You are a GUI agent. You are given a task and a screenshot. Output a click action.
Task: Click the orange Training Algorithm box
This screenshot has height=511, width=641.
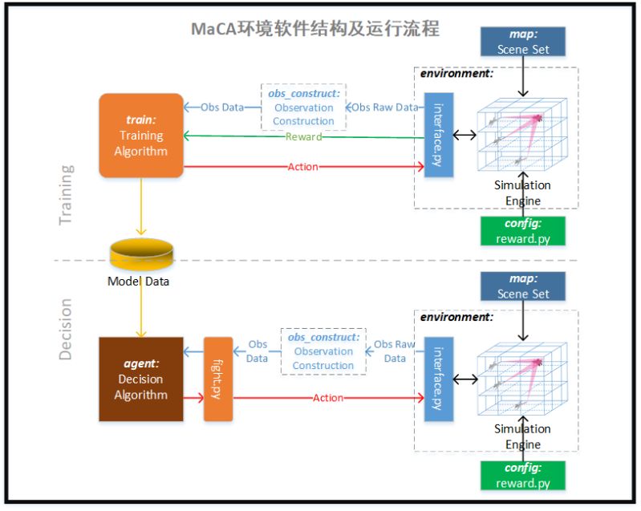pyautogui.click(x=141, y=135)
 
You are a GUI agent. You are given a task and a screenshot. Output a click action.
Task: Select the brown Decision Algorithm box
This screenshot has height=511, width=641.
pyautogui.click(x=141, y=379)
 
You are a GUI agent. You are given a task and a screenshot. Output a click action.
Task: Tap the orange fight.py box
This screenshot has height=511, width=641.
pyautogui.click(x=218, y=379)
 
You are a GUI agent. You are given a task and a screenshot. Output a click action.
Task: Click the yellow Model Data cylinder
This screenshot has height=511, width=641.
pyautogui.click(x=141, y=255)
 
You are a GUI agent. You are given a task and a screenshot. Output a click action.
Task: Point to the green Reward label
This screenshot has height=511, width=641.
pyautogui.click(x=303, y=136)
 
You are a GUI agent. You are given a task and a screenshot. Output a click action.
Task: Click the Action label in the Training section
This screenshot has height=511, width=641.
pyautogui.click(x=302, y=167)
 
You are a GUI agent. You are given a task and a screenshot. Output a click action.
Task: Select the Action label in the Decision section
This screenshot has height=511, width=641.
pyautogui.click(x=328, y=398)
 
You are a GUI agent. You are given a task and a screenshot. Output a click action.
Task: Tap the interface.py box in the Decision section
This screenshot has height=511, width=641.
pyautogui.click(x=439, y=379)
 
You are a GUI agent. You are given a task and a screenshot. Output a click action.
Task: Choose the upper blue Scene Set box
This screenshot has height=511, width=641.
pyautogui.click(x=523, y=42)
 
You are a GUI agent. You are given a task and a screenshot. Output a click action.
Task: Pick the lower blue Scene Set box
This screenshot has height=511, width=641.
pyautogui.click(x=523, y=286)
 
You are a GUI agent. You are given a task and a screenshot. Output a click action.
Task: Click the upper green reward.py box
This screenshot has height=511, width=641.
pyautogui.click(x=523, y=231)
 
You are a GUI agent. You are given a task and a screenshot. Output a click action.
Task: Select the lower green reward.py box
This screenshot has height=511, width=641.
pyautogui.click(x=523, y=475)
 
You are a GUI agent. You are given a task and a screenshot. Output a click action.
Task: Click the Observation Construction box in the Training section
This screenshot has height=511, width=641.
pyautogui.click(x=303, y=107)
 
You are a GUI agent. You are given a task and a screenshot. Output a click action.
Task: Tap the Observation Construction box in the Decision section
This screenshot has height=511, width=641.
pyautogui.click(x=323, y=351)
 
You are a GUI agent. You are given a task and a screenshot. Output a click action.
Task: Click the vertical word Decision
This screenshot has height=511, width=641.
pyautogui.click(x=65, y=329)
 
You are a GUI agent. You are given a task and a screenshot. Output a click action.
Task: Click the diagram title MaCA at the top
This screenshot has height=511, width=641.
pyautogui.click(x=315, y=29)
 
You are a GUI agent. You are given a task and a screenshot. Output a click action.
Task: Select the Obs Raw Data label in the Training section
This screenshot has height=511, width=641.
pyautogui.click(x=386, y=107)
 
